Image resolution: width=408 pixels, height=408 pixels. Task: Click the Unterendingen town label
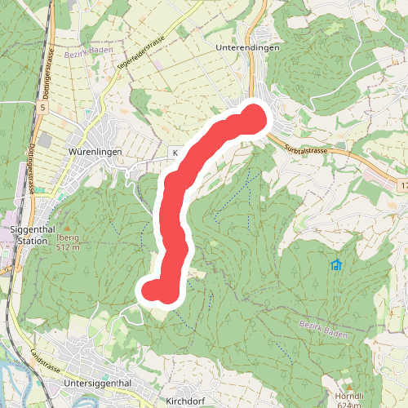pos(248,48)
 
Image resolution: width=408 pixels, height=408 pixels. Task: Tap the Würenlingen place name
pos(96,152)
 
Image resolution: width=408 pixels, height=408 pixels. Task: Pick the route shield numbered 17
pos(403,187)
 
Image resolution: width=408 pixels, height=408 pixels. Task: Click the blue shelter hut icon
pos(336,264)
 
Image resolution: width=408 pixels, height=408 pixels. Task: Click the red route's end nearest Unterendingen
pos(255,118)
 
